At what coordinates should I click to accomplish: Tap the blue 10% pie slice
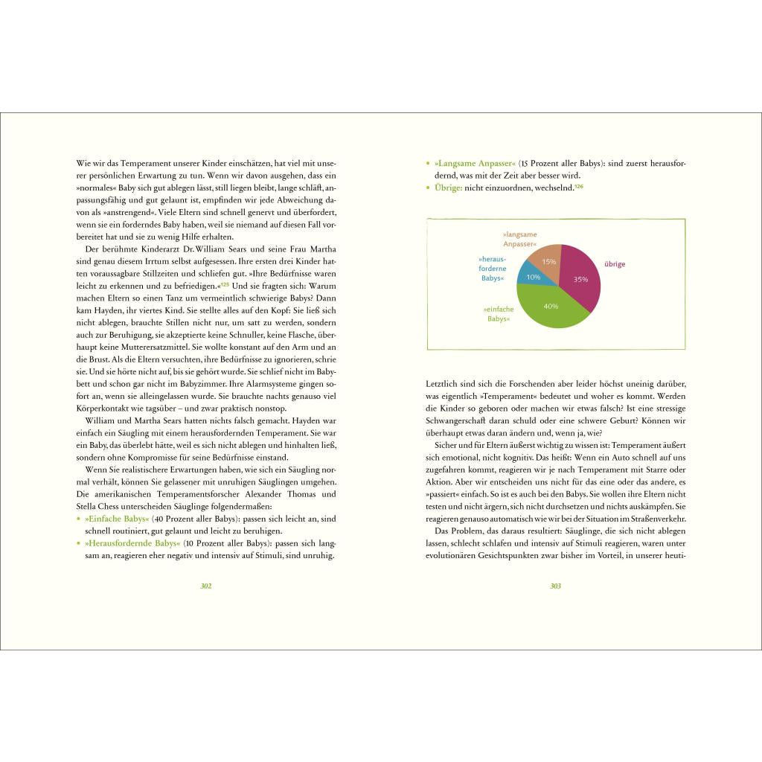[x=534, y=275]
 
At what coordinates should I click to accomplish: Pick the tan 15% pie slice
[x=548, y=260]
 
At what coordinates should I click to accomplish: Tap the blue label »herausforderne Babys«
[x=492, y=269]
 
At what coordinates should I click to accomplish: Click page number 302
[x=206, y=586]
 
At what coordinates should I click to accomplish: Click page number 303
[x=555, y=586]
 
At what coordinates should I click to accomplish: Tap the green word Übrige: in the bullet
[x=447, y=188]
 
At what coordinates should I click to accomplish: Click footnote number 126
[x=579, y=186]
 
